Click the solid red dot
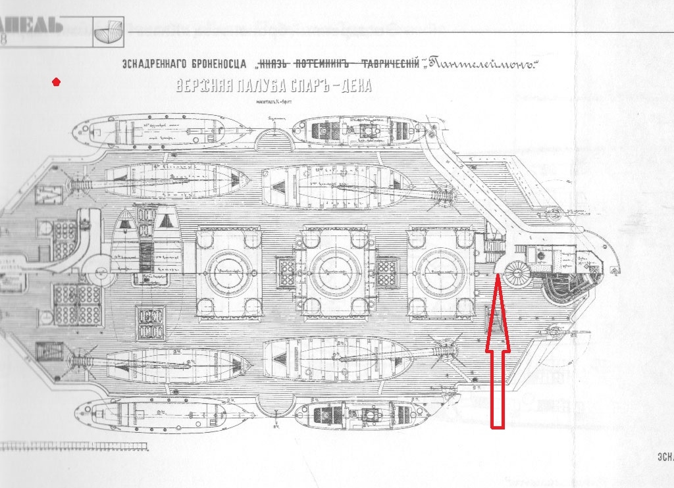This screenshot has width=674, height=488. click(x=57, y=82)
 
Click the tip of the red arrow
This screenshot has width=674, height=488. click(x=497, y=276)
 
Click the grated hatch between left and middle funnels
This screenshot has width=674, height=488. click(x=287, y=272)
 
